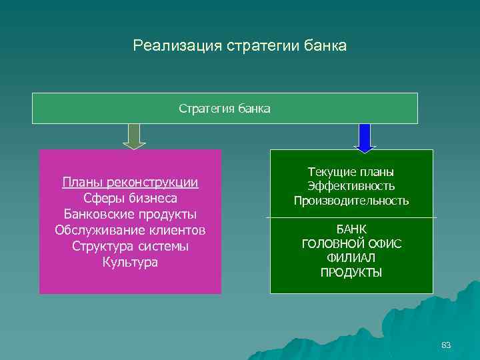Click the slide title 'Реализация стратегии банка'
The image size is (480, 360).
point(239,46)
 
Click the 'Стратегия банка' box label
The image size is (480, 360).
point(225,108)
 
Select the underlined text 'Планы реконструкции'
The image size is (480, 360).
point(130,182)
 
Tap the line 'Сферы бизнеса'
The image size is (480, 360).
point(130,198)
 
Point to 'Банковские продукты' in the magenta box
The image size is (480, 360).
point(130,214)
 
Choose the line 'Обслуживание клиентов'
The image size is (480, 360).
point(130,230)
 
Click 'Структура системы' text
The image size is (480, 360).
point(130,246)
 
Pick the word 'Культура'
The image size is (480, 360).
point(130,262)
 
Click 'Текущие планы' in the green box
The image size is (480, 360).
point(351,172)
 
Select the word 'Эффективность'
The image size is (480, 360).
point(351,186)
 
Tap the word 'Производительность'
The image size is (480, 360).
point(351,201)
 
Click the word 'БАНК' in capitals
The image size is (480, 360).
point(351,229)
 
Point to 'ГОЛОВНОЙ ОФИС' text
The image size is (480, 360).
point(351,243)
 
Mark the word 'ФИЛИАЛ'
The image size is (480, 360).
point(351,257)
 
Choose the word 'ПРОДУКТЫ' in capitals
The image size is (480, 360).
point(351,272)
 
